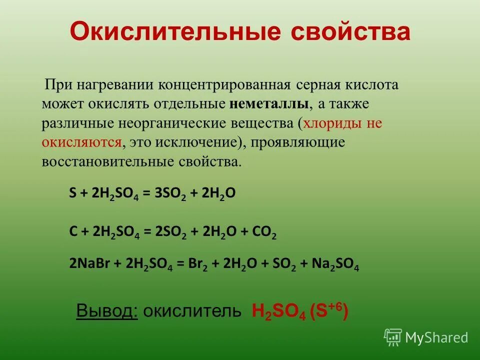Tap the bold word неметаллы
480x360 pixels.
[x=269, y=104]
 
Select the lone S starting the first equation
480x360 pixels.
[x=72, y=194]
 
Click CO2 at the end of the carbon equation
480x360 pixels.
[x=266, y=233]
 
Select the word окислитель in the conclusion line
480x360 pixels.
[x=192, y=311]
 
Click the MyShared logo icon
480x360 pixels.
[x=393, y=337]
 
